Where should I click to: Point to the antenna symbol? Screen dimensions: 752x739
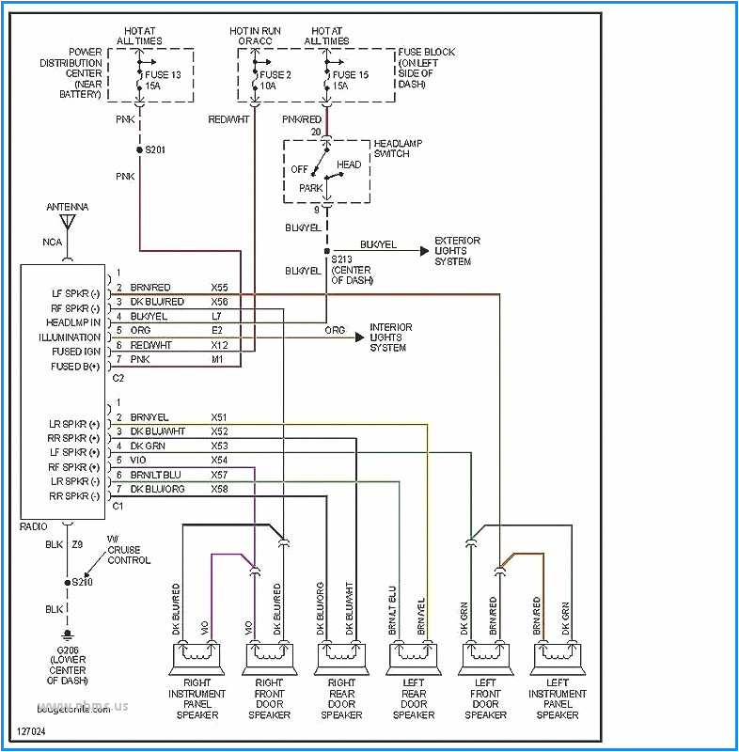pyautogui.click(x=68, y=222)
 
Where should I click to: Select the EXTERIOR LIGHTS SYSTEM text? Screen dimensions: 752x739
pyautogui.click(x=457, y=251)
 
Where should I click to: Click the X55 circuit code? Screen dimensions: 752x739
pyautogui.click(x=220, y=288)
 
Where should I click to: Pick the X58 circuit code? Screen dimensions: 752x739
pyautogui.click(x=220, y=489)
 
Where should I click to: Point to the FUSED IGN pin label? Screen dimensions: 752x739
pyautogui.click(x=76, y=352)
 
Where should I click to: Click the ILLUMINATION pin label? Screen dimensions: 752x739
pyautogui.click(x=70, y=337)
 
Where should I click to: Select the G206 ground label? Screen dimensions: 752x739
pyautogui.click(x=68, y=650)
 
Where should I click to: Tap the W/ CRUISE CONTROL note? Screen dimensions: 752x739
pyautogui.click(x=128, y=555)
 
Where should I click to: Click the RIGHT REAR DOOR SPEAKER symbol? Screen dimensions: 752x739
pyautogui.click(x=341, y=656)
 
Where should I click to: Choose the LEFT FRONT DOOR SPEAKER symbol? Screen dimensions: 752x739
pyautogui.click(x=486, y=656)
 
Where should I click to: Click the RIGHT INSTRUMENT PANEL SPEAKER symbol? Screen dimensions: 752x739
pyautogui.click(x=197, y=656)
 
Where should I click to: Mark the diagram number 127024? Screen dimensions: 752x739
pyautogui.click(x=30, y=730)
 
